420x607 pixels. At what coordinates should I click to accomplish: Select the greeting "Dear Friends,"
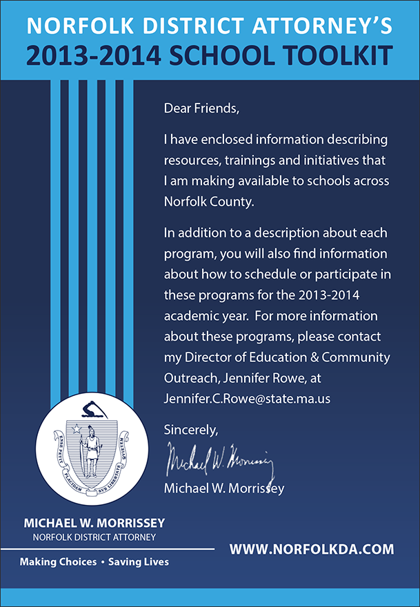coord(201,108)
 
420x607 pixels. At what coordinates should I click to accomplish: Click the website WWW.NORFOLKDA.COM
coord(312,550)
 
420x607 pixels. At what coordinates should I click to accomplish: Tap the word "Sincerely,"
coord(191,430)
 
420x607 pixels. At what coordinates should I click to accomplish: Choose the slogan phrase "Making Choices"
coord(58,561)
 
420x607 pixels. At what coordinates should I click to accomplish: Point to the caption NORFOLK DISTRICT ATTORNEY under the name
coord(94,536)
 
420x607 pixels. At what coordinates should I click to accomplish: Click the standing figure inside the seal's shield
coord(88,452)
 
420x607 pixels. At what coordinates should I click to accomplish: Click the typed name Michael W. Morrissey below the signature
coord(224,488)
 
